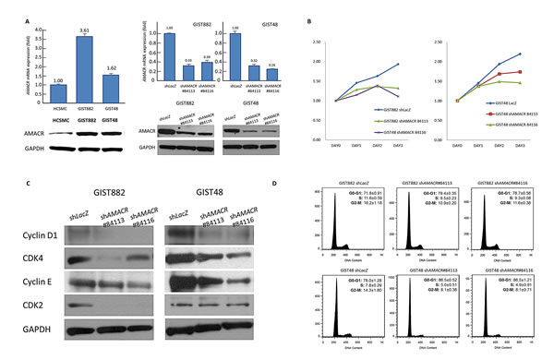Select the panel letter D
[x=307, y=187]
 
